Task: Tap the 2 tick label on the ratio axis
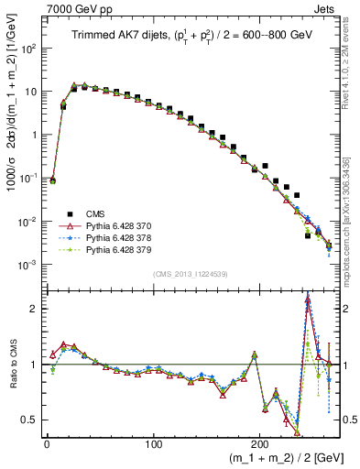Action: [x=33, y=309]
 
